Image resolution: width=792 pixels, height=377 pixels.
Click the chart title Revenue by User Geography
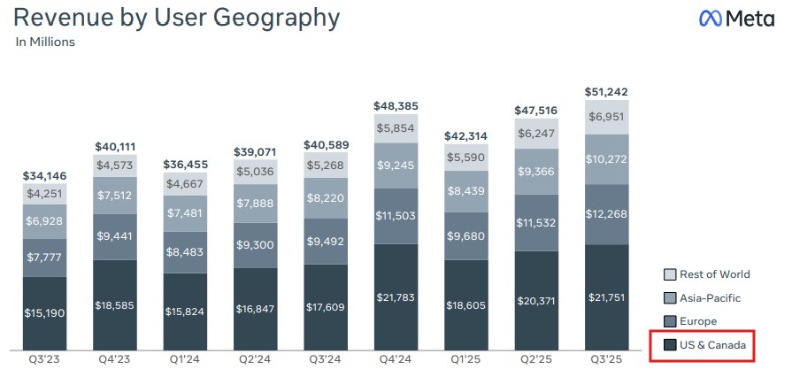(x=177, y=17)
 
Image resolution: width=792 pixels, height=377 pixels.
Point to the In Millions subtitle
(x=45, y=42)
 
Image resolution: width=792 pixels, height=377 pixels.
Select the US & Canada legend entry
(x=702, y=343)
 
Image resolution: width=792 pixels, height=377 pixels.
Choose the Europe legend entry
(x=693, y=320)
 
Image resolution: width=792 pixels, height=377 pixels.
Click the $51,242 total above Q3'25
(x=608, y=91)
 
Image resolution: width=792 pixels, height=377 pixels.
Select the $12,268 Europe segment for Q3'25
(x=608, y=213)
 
